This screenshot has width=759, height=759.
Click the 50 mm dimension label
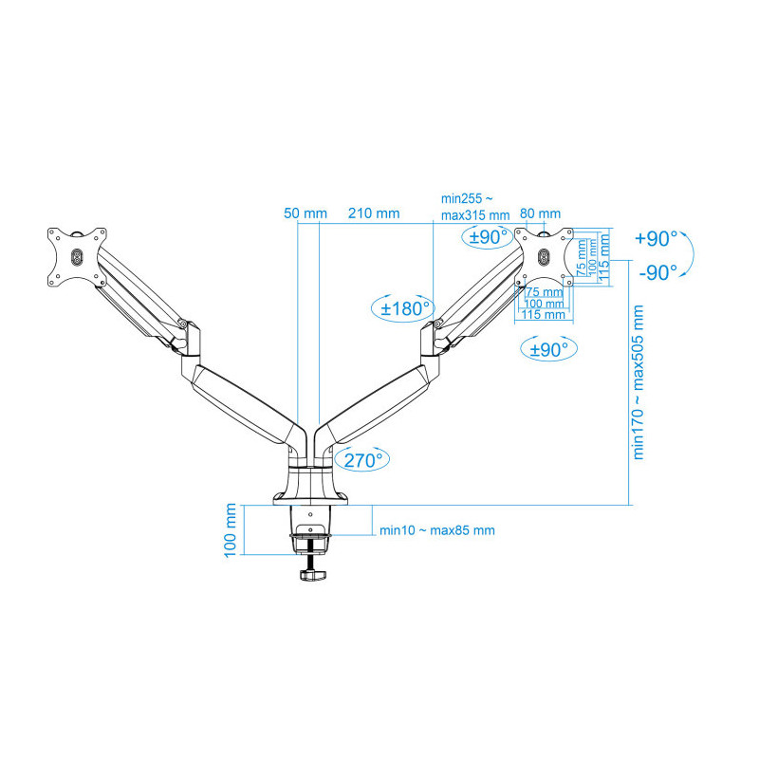click(x=305, y=213)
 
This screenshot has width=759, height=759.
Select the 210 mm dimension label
click(x=374, y=213)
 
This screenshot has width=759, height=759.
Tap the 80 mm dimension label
click(x=540, y=213)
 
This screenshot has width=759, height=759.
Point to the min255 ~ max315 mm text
click(x=475, y=207)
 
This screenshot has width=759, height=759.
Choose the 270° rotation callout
click(x=362, y=460)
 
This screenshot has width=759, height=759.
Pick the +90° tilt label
click(x=656, y=239)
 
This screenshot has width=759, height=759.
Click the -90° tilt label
click(x=657, y=273)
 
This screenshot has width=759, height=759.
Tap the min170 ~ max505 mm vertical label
click(x=638, y=382)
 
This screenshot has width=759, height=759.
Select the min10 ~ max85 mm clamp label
click(x=437, y=530)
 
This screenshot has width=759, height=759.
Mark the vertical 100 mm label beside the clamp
click(x=231, y=530)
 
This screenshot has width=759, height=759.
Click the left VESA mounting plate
click(x=77, y=257)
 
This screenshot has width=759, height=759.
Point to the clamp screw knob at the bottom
click(x=313, y=575)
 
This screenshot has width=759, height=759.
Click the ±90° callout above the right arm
click(x=488, y=237)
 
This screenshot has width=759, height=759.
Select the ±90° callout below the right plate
click(x=548, y=349)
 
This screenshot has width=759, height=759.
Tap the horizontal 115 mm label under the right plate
click(x=543, y=315)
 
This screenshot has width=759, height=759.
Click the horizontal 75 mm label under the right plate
click(x=545, y=292)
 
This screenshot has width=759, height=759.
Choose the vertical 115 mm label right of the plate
click(x=603, y=257)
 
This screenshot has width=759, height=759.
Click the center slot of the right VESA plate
click(x=544, y=257)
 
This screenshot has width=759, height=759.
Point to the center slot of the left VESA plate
click(x=77, y=257)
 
